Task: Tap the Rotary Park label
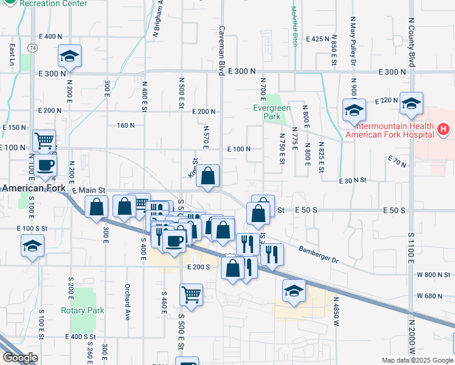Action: click(83, 310)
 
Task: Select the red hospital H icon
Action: click(443, 129)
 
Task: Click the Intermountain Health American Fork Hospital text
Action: click(389, 130)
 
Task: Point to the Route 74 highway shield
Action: click(32, 47)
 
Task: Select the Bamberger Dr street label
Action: click(318, 254)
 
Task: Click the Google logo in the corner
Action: click(19, 358)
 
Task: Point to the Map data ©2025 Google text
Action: click(417, 360)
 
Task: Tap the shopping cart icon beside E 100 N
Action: click(44, 141)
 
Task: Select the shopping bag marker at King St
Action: click(208, 176)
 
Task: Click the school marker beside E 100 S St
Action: click(32, 246)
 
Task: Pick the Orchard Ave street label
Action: click(128, 302)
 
